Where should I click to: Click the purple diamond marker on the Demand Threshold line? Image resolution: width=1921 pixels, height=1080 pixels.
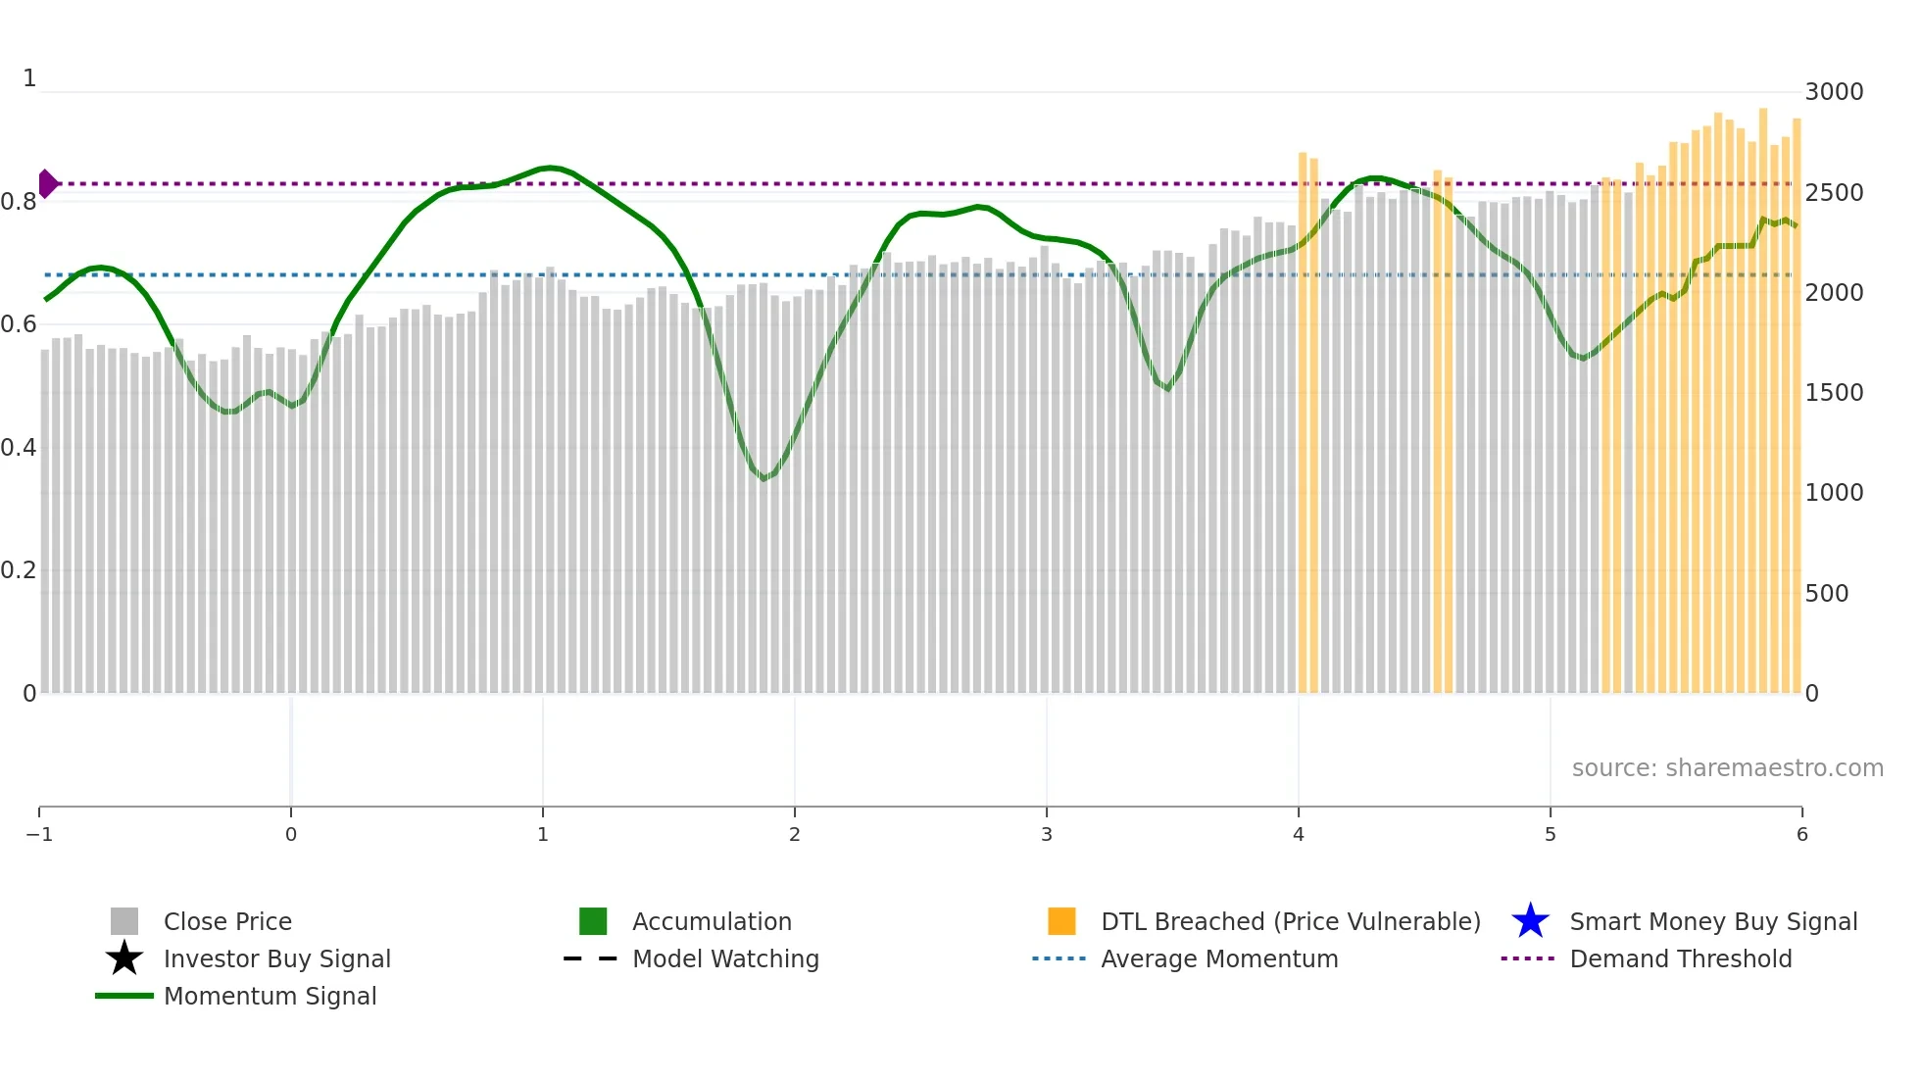click(x=48, y=183)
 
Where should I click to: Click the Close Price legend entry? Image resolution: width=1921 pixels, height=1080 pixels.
click(x=226, y=921)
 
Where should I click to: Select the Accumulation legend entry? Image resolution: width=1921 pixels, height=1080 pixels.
click(x=711, y=921)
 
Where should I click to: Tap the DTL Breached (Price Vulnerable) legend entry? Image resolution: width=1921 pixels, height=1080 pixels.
click(x=1290, y=921)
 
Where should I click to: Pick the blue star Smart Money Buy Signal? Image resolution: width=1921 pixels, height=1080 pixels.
click(x=1530, y=921)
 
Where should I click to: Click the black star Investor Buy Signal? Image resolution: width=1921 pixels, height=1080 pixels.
click(x=124, y=958)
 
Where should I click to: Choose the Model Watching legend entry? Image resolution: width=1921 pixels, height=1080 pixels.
click(x=724, y=958)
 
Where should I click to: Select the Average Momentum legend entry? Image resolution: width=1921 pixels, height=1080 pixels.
click(x=1218, y=958)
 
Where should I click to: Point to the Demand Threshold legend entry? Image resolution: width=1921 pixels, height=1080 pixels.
click(x=1680, y=958)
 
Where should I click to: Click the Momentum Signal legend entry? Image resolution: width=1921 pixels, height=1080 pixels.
click(x=270, y=996)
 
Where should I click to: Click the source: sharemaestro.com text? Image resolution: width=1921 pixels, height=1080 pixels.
click(x=1727, y=767)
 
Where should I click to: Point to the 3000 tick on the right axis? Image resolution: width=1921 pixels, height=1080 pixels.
click(x=1834, y=92)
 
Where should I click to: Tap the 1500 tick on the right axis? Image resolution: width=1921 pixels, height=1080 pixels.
click(x=1834, y=393)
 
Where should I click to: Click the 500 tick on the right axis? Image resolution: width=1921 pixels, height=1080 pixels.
click(x=1827, y=593)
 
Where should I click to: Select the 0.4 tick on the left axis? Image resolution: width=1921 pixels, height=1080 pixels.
click(x=19, y=448)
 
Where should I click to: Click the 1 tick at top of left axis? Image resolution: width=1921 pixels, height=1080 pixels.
click(x=29, y=78)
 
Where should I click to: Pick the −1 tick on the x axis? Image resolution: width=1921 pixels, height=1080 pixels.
click(x=39, y=834)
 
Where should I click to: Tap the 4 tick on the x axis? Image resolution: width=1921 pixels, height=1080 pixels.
click(x=1299, y=834)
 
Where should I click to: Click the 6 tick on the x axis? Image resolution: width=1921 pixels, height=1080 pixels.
click(x=1801, y=834)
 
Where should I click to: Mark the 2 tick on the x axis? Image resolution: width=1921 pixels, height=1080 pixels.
click(x=795, y=834)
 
